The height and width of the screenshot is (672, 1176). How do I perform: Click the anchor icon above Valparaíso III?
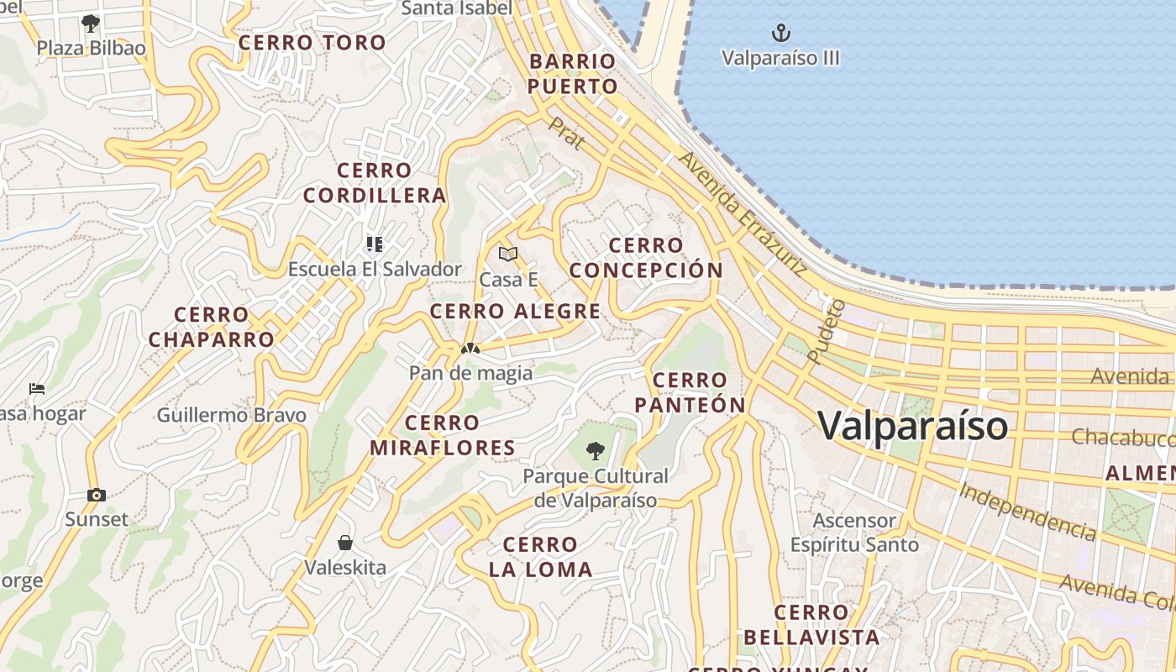781,34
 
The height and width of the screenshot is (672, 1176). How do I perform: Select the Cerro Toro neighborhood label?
312,43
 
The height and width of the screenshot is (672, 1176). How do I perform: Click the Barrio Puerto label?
574,74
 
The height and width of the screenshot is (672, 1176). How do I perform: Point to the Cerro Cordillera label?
375,183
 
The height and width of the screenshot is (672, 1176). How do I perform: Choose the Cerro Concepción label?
645,258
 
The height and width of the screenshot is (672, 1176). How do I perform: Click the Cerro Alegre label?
515,312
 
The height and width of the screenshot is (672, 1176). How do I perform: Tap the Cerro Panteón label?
690,392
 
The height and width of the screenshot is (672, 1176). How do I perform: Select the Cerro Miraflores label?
443,435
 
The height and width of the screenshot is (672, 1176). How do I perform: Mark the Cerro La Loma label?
541,557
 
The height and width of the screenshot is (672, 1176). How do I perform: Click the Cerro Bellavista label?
811,625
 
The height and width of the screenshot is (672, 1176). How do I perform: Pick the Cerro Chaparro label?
212,328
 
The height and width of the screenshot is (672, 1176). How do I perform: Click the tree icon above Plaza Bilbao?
91,23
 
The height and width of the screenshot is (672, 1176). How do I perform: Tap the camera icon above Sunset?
97,495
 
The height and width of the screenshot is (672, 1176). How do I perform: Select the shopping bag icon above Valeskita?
344,543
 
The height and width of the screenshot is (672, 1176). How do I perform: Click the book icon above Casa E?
507,254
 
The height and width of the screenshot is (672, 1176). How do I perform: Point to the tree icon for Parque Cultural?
596,451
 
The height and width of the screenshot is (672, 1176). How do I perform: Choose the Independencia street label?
1027,511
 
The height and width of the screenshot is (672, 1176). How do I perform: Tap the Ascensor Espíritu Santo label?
854,533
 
